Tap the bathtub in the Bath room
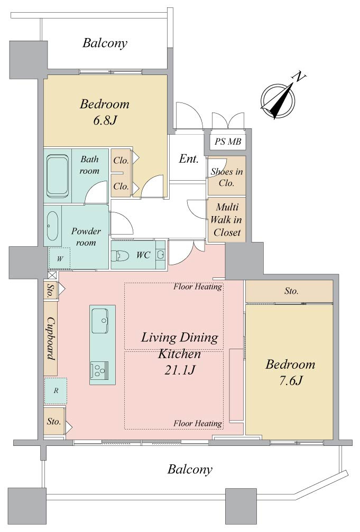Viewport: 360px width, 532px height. tap(57, 176)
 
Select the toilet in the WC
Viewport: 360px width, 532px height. tap(119, 255)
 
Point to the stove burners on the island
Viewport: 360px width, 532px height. tap(99, 370)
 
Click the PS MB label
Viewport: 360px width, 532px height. tap(228, 142)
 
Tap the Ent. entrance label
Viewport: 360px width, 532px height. tap(189, 158)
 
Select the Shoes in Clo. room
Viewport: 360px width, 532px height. tap(227, 176)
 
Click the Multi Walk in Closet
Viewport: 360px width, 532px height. tap(227, 220)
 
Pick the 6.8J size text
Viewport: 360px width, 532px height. tap(105, 120)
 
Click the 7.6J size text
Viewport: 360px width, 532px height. tap(291, 381)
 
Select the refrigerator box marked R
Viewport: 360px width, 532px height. tap(56, 391)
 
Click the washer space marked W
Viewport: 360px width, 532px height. tap(60, 258)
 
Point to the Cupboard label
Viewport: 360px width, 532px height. tap(51, 338)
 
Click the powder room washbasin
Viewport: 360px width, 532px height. tap(52, 226)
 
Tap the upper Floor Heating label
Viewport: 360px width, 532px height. tap(198, 287)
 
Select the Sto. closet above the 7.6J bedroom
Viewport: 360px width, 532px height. tap(289, 291)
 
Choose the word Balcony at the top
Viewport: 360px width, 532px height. tap(105, 43)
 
